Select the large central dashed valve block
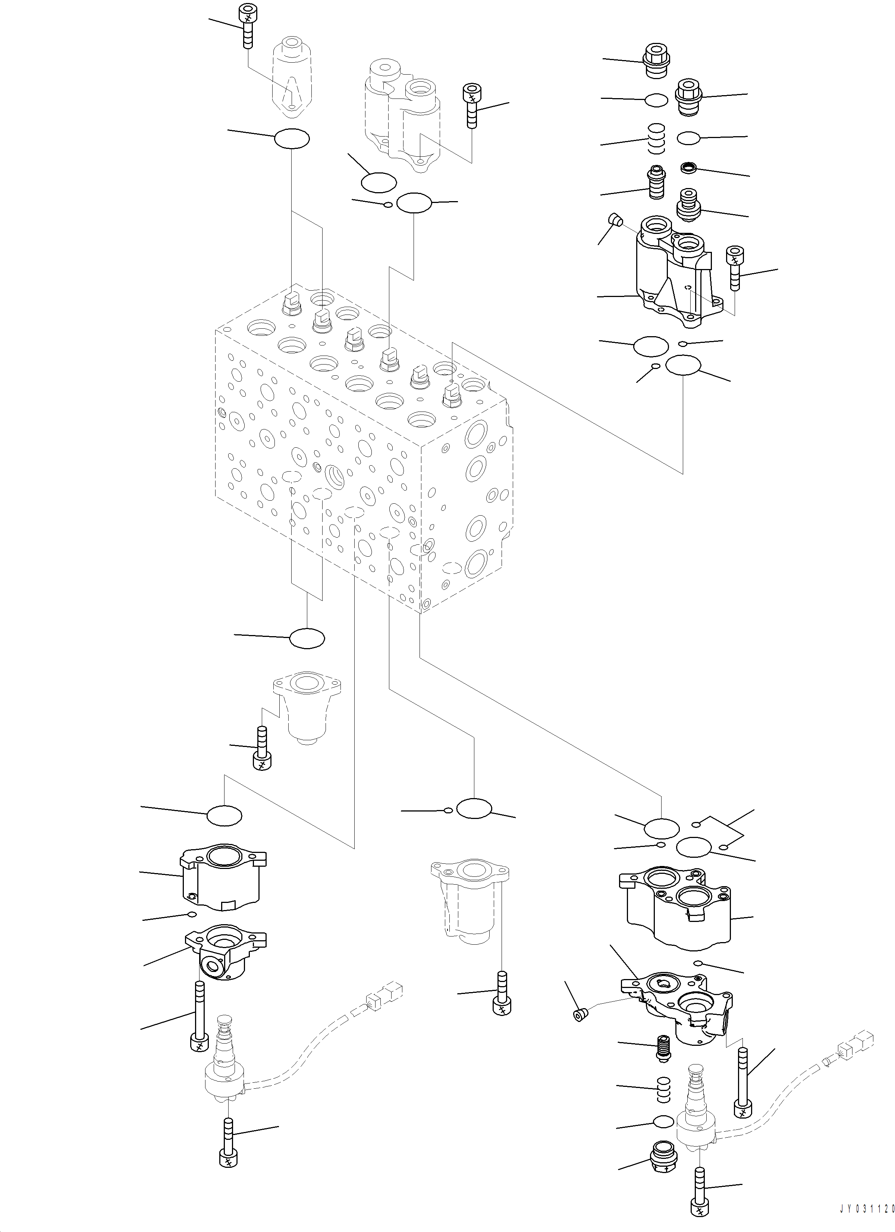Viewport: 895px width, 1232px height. [x=361, y=451]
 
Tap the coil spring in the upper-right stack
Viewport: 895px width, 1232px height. [x=657, y=140]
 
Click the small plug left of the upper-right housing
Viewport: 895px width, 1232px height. [x=615, y=219]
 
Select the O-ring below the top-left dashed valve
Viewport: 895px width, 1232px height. [x=292, y=139]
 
